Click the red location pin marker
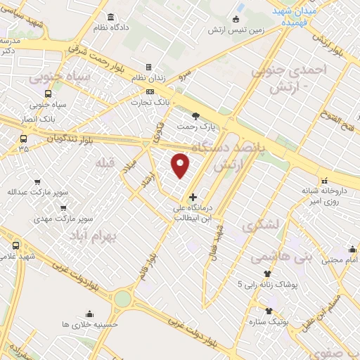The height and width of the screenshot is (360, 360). pyautogui.click(x=181, y=165)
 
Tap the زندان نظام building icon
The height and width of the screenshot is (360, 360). pyautogui.click(x=148, y=67)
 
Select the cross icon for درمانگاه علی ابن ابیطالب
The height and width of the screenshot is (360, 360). pyautogui.click(x=193, y=198)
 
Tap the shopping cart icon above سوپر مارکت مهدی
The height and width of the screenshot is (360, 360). pyautogui.click(x=64, y=208)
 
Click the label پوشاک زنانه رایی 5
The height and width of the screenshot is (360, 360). pyautogui.click(x=267, y=285)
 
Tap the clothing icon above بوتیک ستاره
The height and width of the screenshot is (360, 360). pyautogui.click(x=269, y=310)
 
